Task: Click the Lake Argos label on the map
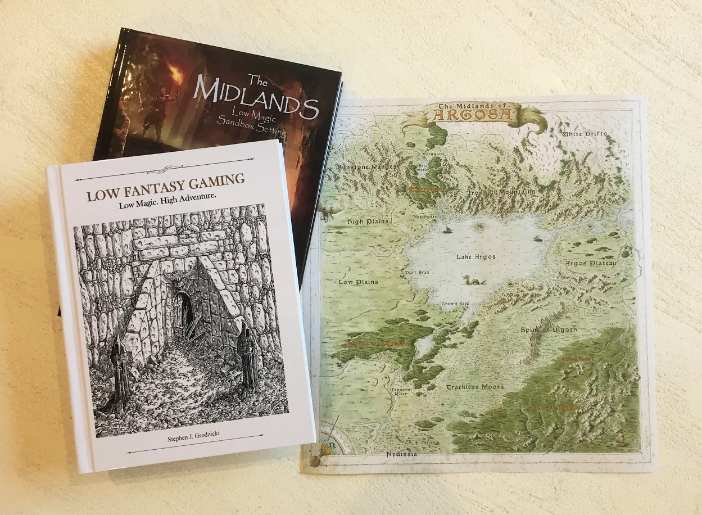(x=475, y=256)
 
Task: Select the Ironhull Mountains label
(x=502, y=192)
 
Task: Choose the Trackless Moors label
(x=475, y=387)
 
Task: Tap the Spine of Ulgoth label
(x=549, y=329)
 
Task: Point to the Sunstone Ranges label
(x=366, y=166)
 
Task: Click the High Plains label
(x=364, y=222)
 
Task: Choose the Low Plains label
(x=358, y=281)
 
